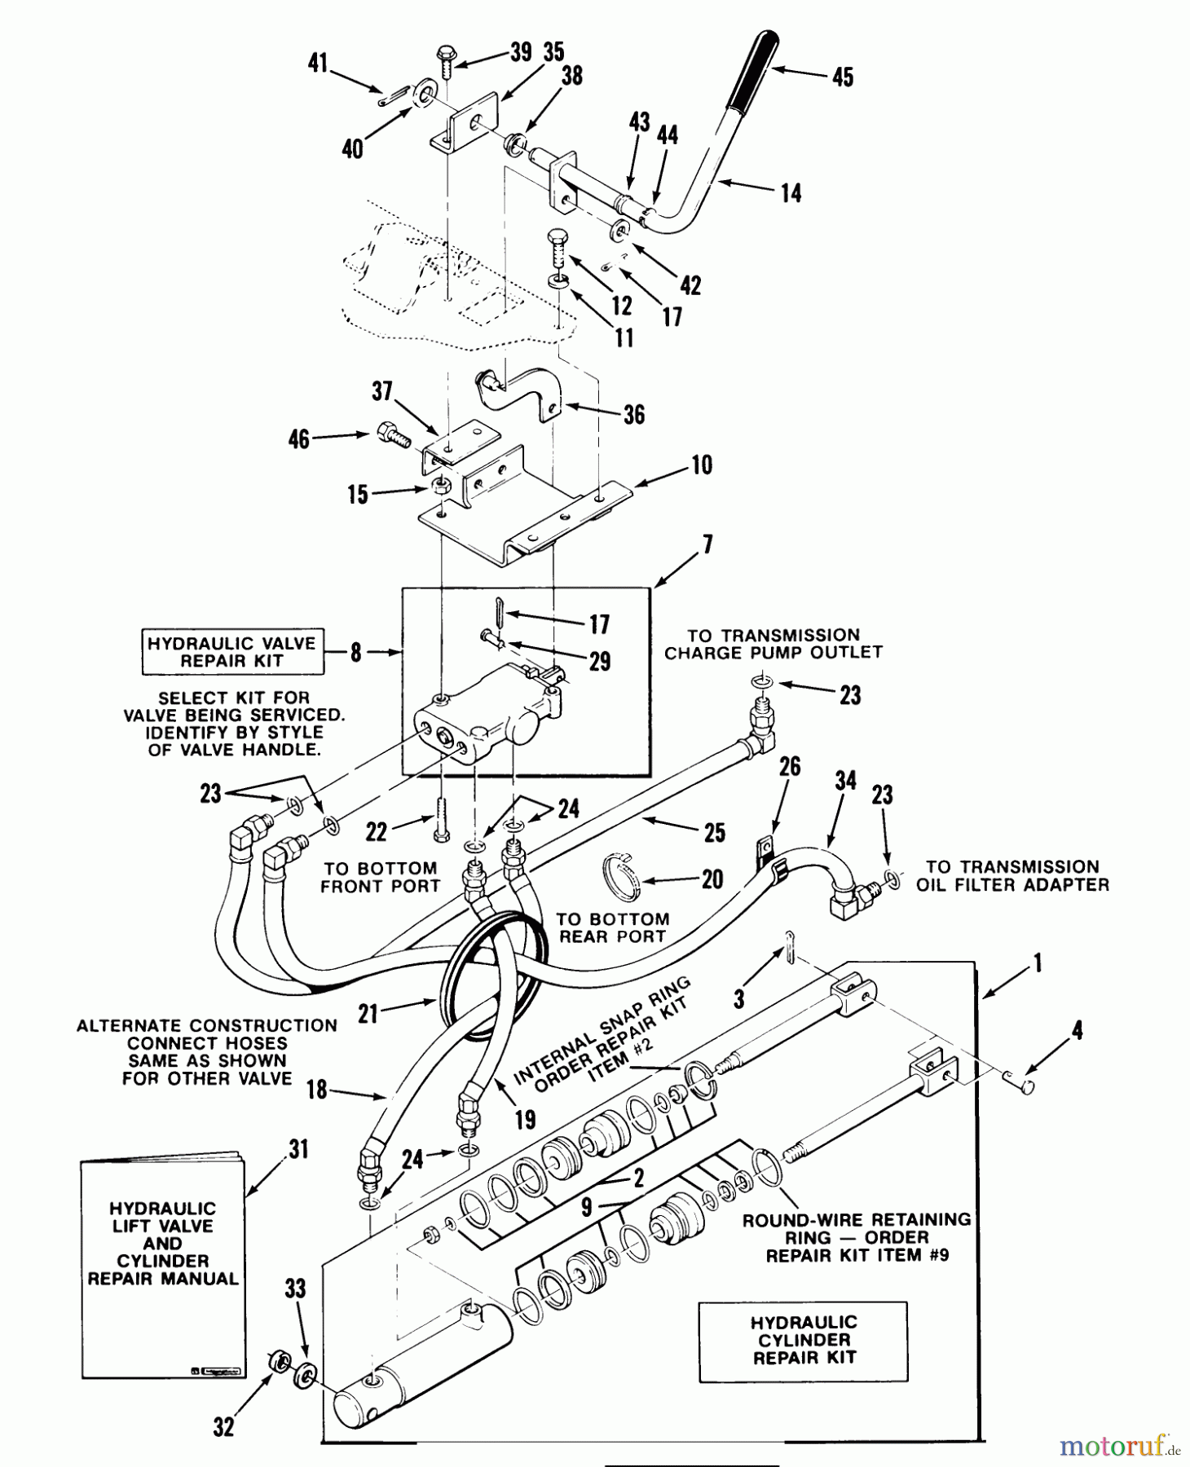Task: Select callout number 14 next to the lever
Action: [x=790, y=193]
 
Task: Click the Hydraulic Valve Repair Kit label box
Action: [x=232, y=652]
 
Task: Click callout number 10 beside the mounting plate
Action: [x=701, y=465]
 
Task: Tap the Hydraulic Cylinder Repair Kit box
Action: [x=803, y=1341]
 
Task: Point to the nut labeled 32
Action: [x=280, y=1360]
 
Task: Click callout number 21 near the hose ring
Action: [x=368, y=1013]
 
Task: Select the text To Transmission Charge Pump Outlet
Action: [x=773, y=644]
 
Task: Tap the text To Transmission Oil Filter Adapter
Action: [x=1012, y=876]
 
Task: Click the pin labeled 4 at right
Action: [x=1020, y=1084]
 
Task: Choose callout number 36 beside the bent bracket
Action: [x=633, y=415]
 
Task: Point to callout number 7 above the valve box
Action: [x=707, y=544]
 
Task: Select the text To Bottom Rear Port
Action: [x=613, y=927]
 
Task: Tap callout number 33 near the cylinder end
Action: [x=295, y=1289]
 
